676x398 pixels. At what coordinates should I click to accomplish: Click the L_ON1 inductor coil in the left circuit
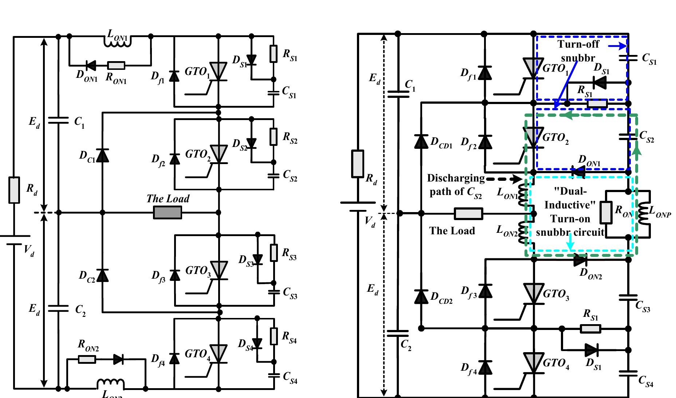click(117, 42)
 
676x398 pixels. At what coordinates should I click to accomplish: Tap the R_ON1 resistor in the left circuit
click(117, 65)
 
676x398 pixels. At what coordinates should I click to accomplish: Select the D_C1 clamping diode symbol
click(102, 155)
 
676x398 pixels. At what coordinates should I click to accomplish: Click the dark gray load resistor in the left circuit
click(167, 212)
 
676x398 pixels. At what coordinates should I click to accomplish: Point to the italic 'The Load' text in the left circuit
click(168, 199)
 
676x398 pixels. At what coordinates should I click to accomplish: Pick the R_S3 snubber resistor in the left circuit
click(274, 252)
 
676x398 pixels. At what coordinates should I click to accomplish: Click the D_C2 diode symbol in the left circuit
click(102, 275)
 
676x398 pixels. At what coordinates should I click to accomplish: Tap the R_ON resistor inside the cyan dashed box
click(606, 213)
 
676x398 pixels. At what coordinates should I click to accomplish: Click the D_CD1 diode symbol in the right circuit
click(421, 141)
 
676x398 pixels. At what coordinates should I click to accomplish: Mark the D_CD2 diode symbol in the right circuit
click(421, 296)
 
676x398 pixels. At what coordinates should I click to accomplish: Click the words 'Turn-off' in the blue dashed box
click(578, 45)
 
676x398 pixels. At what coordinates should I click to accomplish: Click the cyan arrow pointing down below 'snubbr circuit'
click(570, 244)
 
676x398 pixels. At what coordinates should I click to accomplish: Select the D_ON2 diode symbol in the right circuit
click(580, 260)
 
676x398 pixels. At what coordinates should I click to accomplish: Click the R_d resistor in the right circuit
click(358, 164)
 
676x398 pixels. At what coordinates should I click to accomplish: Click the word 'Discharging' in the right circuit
click(455, 178)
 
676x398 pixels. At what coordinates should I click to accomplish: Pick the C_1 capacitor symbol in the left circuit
click(58, 120)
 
